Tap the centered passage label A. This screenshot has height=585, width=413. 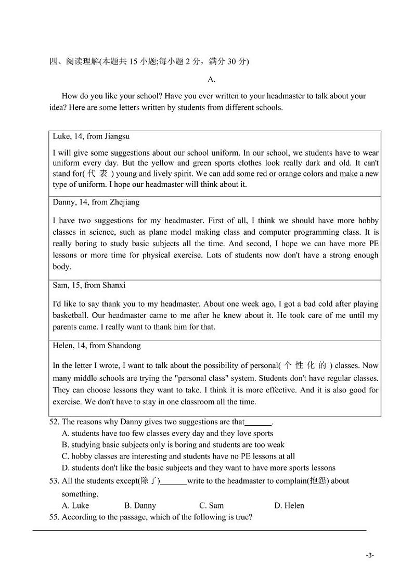[x=211, y=79]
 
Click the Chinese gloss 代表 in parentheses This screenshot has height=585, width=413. [x=97, y=174]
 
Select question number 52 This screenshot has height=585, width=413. [x=54, y=422]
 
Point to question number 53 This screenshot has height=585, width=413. [x=54, y=481]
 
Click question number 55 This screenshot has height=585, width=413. [x=54, y=517]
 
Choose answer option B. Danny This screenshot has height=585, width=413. [x=140, y=505]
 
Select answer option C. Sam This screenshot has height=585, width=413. [x=212, y=505]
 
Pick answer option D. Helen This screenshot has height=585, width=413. [x=289, y=505]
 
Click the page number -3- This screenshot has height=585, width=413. [x=369, y=555]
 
